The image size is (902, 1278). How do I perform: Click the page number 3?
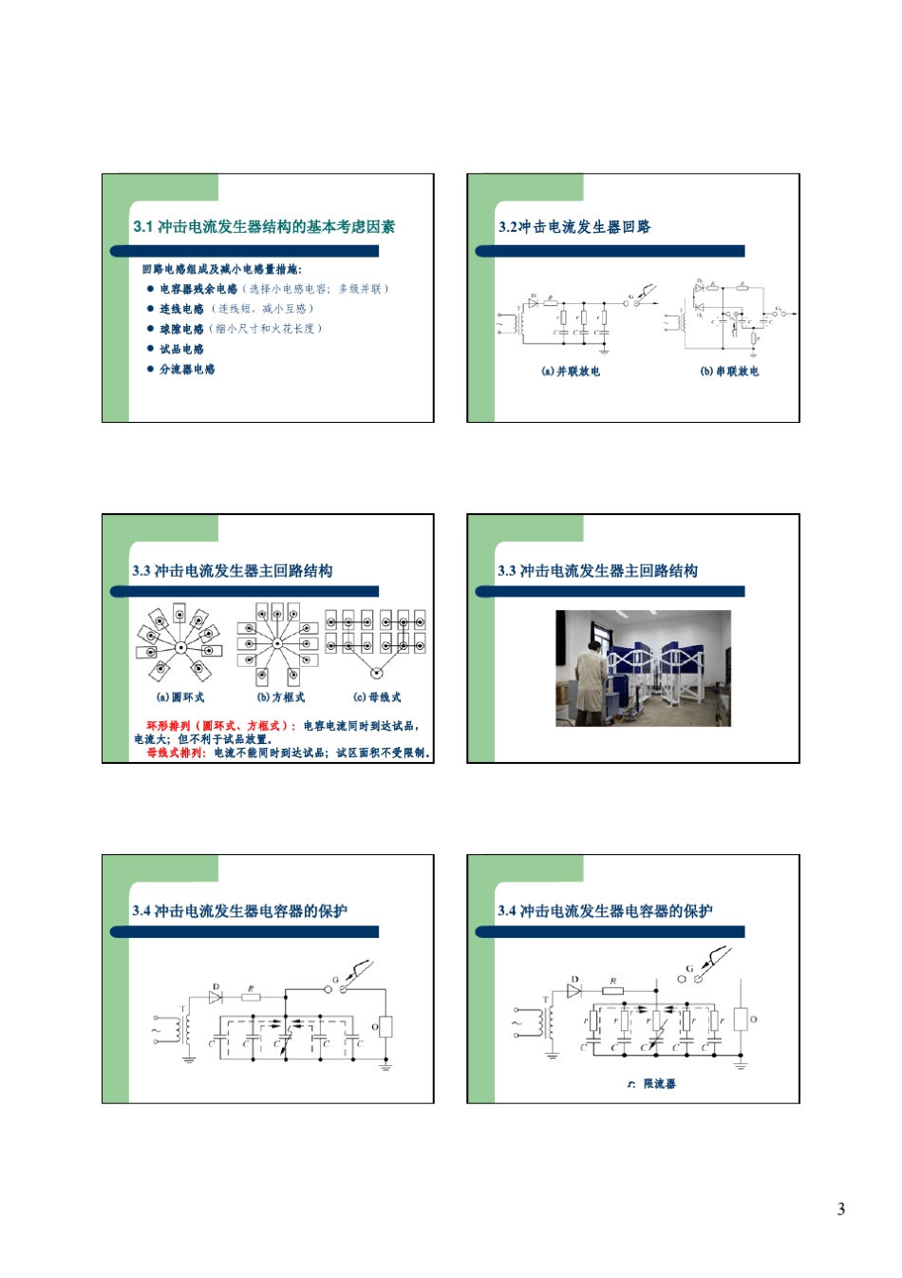coord(840,1209)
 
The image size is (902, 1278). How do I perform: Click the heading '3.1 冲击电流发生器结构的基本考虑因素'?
coord(264,227)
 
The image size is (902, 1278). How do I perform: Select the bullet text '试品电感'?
coord(181,349)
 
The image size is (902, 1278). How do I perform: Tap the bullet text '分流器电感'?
coord(187,369)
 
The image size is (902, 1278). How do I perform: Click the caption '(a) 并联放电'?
coord(571,372)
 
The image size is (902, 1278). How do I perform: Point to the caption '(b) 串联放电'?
coord(729,372)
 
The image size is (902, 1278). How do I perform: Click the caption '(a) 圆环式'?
coord(180,697)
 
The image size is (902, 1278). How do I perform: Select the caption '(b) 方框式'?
coord(281,697)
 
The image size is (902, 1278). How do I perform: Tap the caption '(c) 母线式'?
coord(377,697)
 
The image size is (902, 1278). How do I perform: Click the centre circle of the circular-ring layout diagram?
coord(180,647)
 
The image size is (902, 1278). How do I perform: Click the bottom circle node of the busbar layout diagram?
coord(376,673)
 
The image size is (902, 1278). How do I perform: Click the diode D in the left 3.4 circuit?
coord(216,997)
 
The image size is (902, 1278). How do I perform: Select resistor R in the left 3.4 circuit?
coord(251,997)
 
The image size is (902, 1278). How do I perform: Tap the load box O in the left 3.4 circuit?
coord(385,1027)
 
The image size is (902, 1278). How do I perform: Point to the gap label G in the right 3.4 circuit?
coord(689,969)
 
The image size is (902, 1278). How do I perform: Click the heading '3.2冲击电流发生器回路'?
coord(574,227)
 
